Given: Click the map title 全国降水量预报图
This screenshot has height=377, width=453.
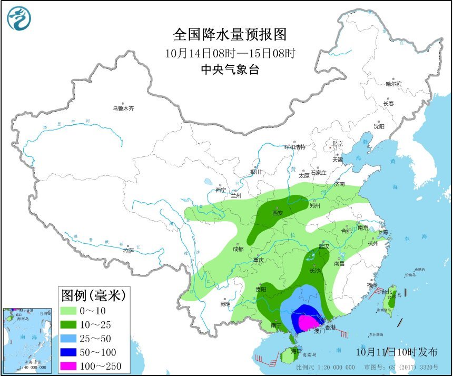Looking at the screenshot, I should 230,35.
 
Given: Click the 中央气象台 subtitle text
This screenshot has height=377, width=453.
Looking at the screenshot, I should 230,69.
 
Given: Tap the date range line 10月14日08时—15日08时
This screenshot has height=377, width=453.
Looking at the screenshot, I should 230,53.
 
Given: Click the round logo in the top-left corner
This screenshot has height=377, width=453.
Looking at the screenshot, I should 19,18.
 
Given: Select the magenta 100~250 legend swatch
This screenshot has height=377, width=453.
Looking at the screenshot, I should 73,366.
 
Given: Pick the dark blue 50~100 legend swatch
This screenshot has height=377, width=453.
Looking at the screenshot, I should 73,352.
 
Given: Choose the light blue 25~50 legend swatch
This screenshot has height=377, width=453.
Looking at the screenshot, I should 73,338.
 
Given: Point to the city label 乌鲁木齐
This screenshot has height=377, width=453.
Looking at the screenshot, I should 123,108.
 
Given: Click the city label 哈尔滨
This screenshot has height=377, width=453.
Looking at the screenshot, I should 393,84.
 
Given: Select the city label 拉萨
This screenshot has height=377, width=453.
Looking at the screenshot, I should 128,251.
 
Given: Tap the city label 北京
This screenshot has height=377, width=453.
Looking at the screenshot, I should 337,144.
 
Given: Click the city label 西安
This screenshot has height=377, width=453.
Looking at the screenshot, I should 278,213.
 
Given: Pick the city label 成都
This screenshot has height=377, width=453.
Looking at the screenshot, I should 238,249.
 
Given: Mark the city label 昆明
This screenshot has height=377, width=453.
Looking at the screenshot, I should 225,304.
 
